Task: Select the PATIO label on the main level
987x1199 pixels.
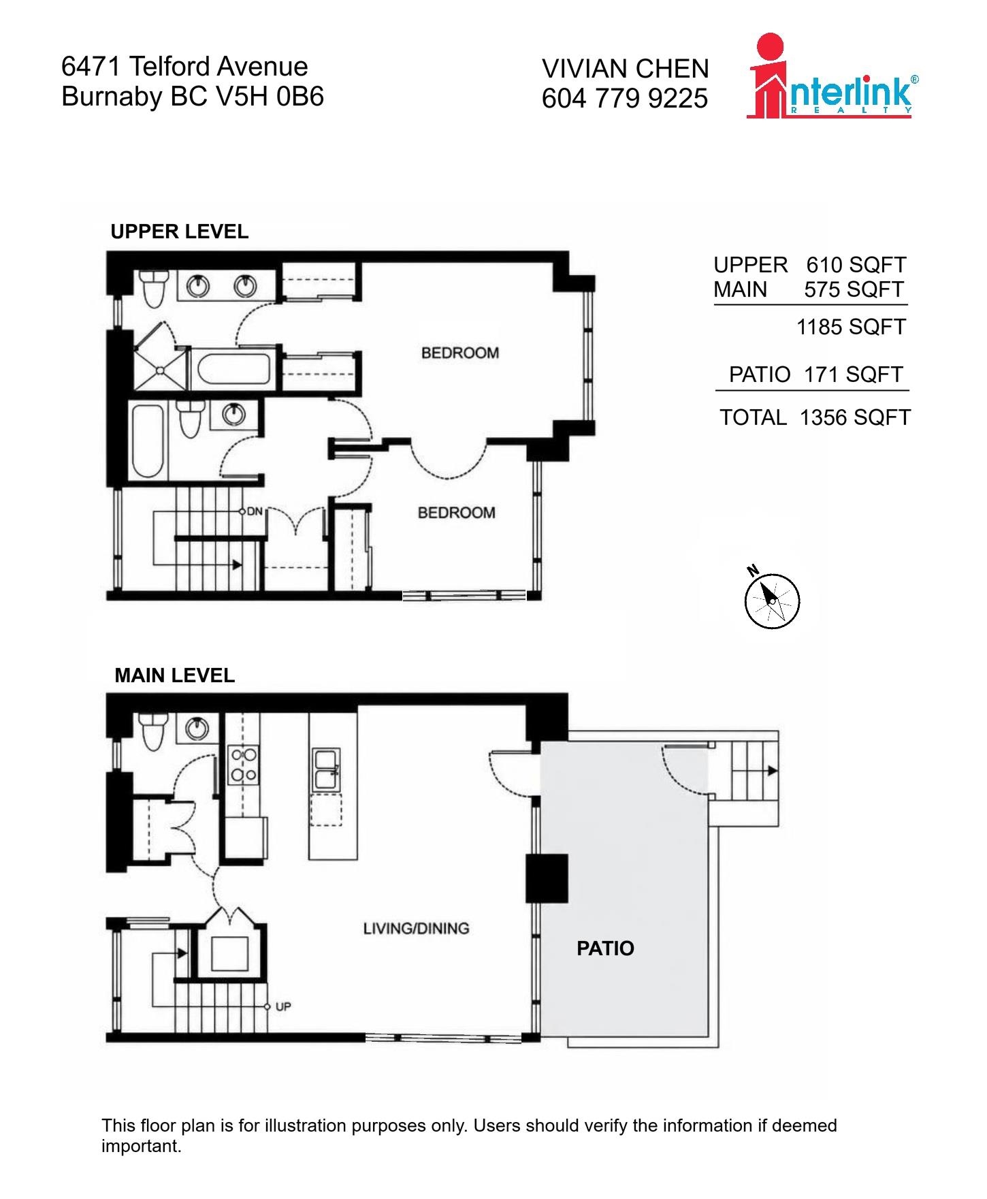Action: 605,948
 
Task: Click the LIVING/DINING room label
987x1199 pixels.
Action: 416,928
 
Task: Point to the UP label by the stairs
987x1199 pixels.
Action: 284,1006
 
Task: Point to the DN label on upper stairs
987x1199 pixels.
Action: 255,511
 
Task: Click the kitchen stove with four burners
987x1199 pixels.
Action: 244,765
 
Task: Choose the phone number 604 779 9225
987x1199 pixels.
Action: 625,99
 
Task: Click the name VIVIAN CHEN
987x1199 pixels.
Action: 626,69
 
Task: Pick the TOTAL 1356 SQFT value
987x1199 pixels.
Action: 855,417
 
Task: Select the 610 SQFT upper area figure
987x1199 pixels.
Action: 856,265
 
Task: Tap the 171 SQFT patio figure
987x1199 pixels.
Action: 854,374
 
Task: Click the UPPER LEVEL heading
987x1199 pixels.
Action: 180,231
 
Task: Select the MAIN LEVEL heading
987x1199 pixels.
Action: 175,675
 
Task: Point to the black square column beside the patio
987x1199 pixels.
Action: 547,878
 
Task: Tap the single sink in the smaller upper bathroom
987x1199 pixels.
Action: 233,413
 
